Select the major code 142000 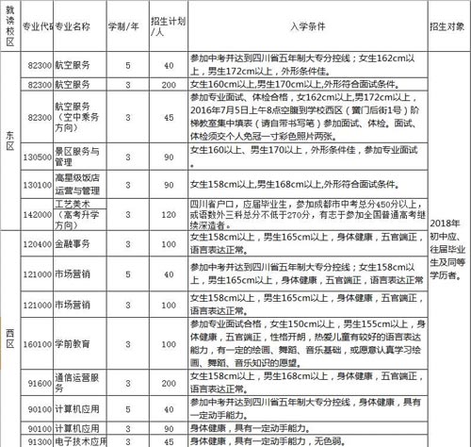tap(37, 214)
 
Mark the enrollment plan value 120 tap(171, 214)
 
